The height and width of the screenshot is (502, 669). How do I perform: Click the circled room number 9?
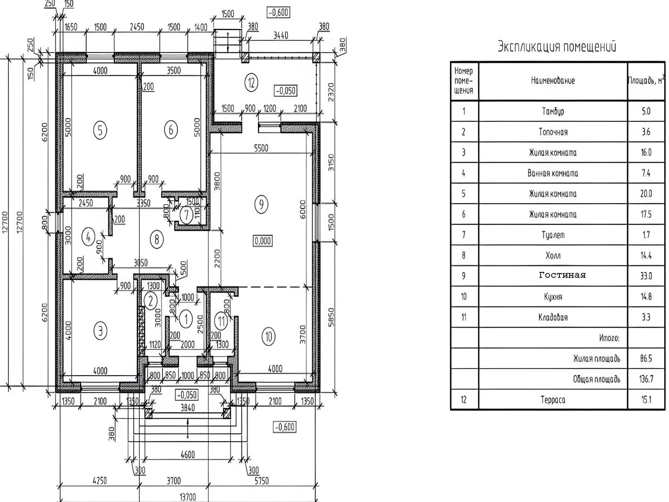(262, 204)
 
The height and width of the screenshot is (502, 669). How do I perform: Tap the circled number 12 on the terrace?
(251, 83)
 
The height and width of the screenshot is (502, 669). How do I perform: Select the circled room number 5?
(100, 130)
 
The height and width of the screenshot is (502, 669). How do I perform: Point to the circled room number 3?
(100, 331)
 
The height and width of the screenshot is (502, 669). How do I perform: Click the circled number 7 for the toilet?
(186, 215)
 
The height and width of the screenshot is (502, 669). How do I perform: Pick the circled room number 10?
(269, 336)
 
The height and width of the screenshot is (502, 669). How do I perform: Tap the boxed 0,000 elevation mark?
(262, 241)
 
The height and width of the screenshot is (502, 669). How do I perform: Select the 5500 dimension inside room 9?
(261, 148)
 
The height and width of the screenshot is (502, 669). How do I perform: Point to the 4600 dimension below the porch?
(187, 455)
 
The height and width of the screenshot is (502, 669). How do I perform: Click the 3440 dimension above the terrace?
(281, 35)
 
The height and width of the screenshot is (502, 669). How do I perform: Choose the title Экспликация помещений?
(557, 47)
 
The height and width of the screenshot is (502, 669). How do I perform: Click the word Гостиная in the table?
(562, 275)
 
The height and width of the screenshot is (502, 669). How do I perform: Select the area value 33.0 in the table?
(646, 276)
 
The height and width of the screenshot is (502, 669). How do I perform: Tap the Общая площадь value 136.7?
(646, 379)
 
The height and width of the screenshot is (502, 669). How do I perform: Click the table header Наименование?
(553, 81)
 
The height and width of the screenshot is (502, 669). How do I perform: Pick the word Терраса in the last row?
(553, 400)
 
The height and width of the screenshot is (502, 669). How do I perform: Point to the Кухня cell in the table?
(553, 297)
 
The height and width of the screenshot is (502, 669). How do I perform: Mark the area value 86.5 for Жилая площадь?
(646, 358)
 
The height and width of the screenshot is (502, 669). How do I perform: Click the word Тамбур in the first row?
(553, 112)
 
